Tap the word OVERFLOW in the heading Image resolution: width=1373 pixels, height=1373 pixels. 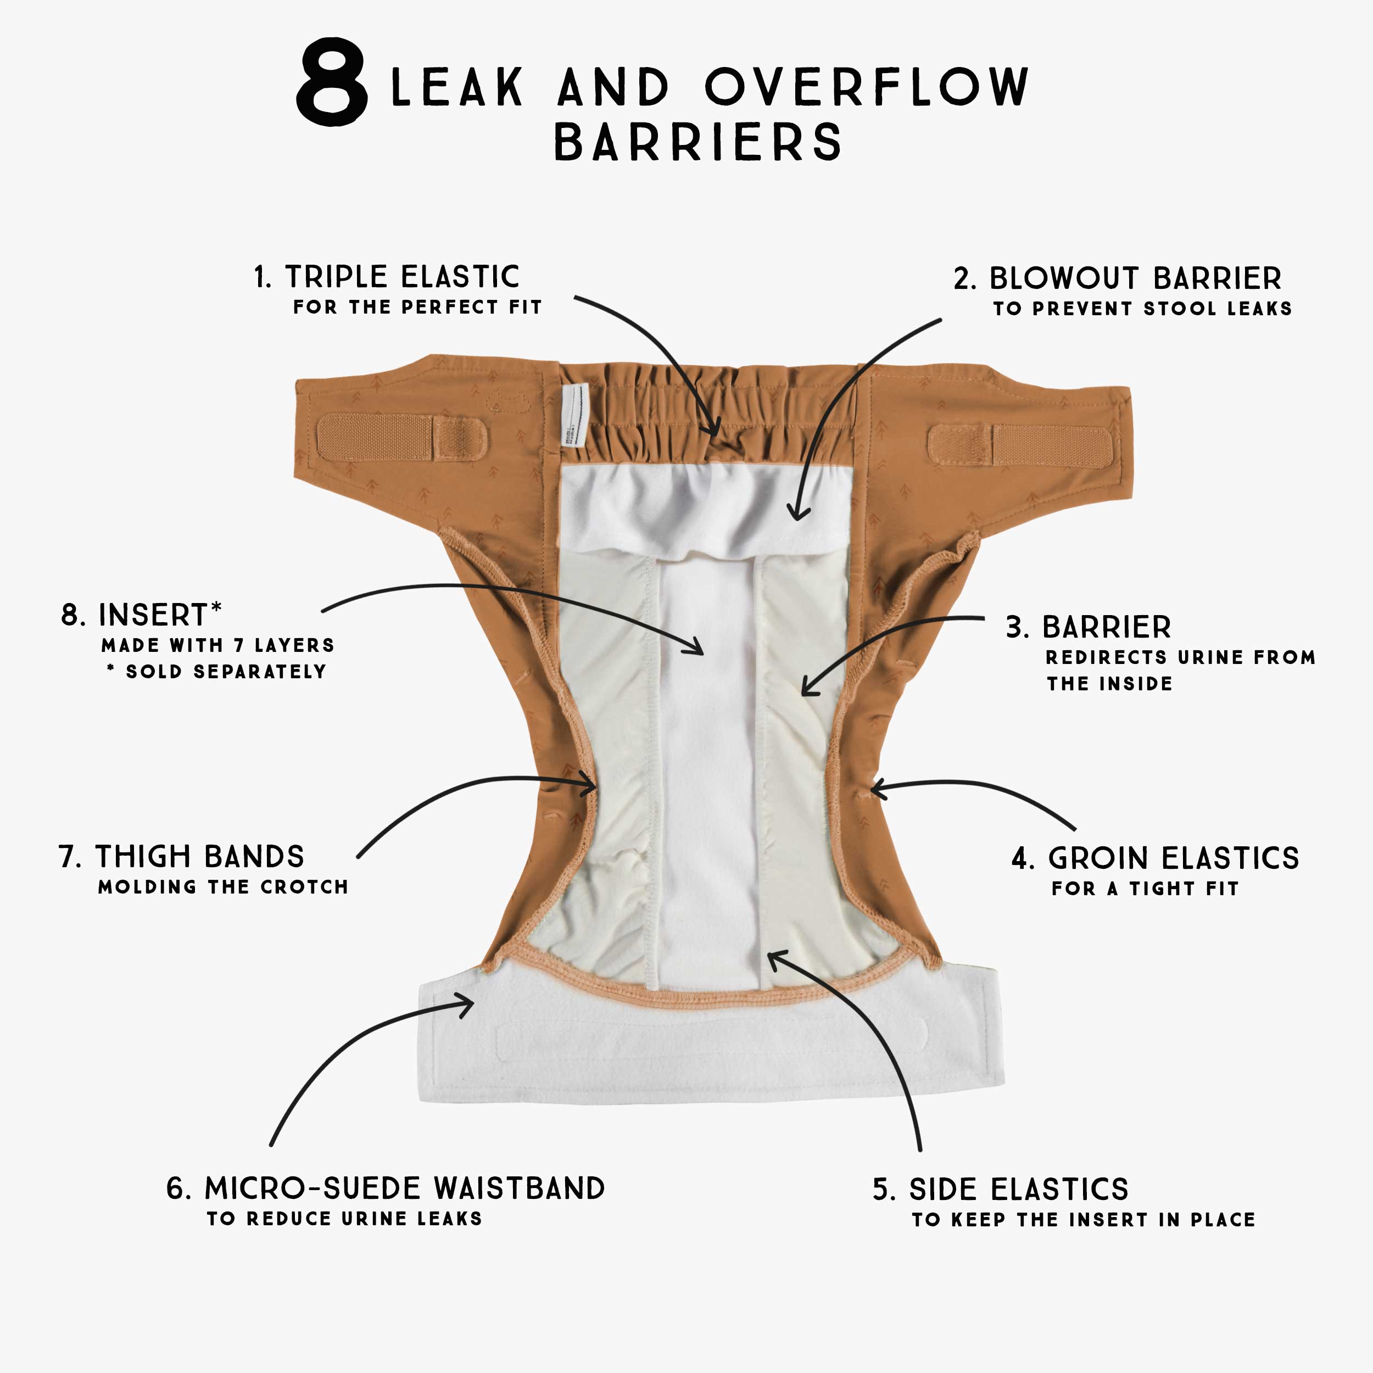(866, 87)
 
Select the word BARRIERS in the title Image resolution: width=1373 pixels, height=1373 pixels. (698, 142)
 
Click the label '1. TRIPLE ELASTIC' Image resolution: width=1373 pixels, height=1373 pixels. (387, 276)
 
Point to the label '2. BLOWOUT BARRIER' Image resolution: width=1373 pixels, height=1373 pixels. (1118, 278)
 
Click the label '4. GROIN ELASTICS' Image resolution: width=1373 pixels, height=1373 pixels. (1156, 858)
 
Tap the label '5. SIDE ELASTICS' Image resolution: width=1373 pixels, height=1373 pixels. (1001, 1190)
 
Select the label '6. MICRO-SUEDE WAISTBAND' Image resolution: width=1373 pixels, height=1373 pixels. (386, 1188)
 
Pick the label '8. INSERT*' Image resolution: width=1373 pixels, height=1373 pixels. (142, 615)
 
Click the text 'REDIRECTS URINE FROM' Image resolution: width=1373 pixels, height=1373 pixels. (1180, 657)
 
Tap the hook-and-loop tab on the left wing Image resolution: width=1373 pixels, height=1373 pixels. (402, 437)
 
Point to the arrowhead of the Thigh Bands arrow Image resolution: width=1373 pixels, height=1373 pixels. (590, 785)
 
